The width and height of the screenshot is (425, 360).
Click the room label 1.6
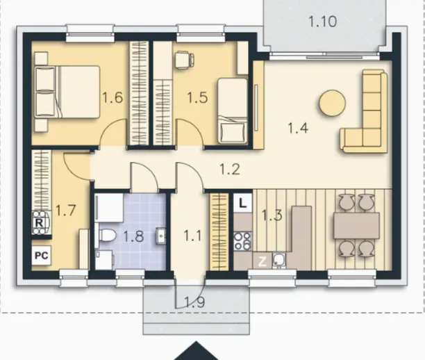pyautogui.click(x=112, y=98)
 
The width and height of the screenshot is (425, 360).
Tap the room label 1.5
pyautogui.click(x=198, y=98)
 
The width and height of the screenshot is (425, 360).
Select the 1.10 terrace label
pyautogui.click(x=323, y=22)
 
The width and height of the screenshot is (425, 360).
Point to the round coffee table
pyautogui.click(x=333, y=103)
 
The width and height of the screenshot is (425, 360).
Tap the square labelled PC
pyautogui.click(x=42, y=256)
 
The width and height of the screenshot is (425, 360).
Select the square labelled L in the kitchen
pyautogui.click(x=243, y=204)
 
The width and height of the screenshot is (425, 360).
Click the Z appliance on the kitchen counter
pyautogui.click(x=262, y=262)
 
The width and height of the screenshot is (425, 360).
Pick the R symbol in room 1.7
pyautogui.click(x=40, y=223)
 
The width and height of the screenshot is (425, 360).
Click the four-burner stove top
pyautogui.click(x=243, y=241)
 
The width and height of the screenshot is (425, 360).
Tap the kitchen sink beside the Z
pyautogui.click(x=279, y=261)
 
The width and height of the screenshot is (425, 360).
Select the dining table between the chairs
pyautogui.click(x=356, y=226)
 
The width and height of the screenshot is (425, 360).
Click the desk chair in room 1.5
pyautogui.click(x=185, y=60)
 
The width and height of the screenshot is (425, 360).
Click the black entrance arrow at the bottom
pyautogui.click(x=196, y=352)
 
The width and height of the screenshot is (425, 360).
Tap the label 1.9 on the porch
pyautogui.click(x=194, y=302)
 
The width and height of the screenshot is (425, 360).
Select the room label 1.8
pyautogui.click(x=133, y=236)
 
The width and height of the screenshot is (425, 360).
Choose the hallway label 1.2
pyautogui.click(x=230, y=170)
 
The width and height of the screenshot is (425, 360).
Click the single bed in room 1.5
pyautogui.click(x=233, y=111)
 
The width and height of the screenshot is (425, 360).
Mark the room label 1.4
pyautogui.click(x=298, y=128)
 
